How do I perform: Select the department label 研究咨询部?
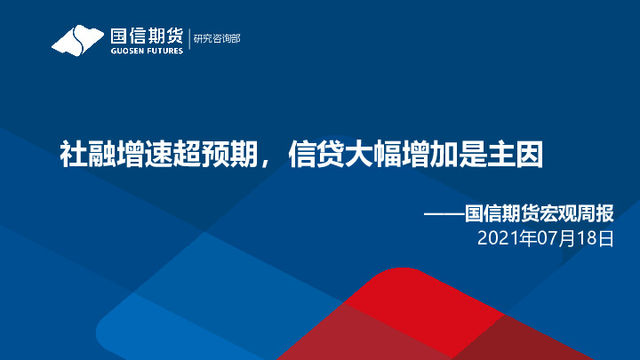click(217, 38)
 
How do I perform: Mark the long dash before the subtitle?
click(444, 215)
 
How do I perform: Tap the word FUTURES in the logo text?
click(162, 51)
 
